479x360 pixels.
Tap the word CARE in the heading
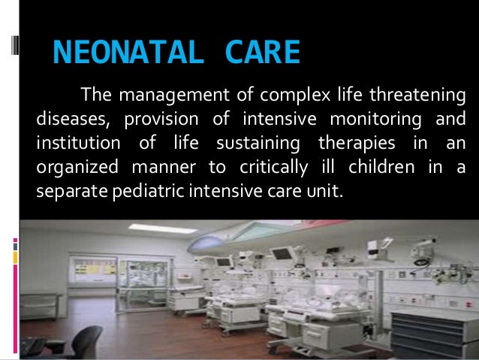tap(262, 53)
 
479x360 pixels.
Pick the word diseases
tap(69, 119)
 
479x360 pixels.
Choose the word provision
tap(161, 119)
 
